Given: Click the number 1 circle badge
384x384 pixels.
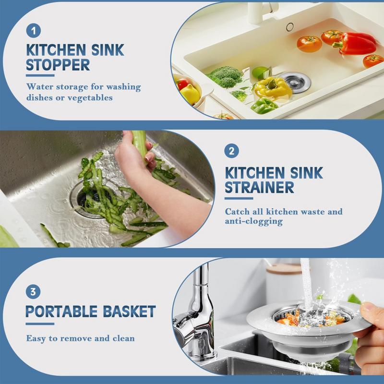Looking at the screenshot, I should click(33, 31).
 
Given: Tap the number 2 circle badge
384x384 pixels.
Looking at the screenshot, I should click(231, 152).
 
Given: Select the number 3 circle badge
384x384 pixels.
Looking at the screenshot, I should click(33, 291).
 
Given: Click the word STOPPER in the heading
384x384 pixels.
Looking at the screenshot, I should click(57, 65).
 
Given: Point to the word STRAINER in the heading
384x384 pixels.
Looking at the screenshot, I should click(259, 187).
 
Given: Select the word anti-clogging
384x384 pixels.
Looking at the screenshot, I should click(253, 222).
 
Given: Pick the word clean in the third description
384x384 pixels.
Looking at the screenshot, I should click(123, 338).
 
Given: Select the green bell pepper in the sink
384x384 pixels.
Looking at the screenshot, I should click(264, 105).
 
